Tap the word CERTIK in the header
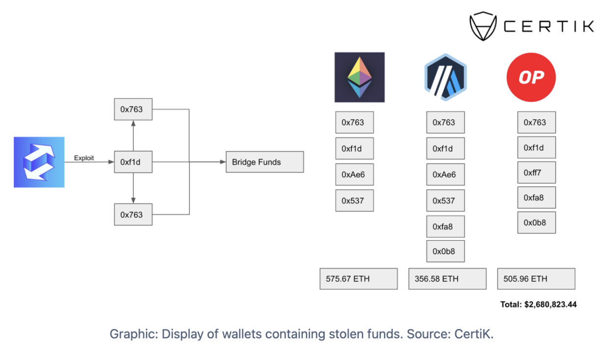(548, 27)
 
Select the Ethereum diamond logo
(359, 77)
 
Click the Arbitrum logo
(445, 77)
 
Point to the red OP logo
(531, 78)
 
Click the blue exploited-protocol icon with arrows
(39, 162)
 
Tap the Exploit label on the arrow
(84, 158)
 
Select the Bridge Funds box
(264, 162)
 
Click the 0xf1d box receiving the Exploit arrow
(133, 162)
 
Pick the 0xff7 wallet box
(536, 173)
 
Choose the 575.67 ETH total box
(358, 278)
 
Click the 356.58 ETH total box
(447, 278)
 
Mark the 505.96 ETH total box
(536, 278)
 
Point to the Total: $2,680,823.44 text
(538, 305)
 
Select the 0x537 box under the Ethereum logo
(354, 200)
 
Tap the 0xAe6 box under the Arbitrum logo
(445, 174)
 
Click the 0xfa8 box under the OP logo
(536, 198)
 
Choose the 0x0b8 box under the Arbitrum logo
(445, 251)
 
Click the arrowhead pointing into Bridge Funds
(222, 162)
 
